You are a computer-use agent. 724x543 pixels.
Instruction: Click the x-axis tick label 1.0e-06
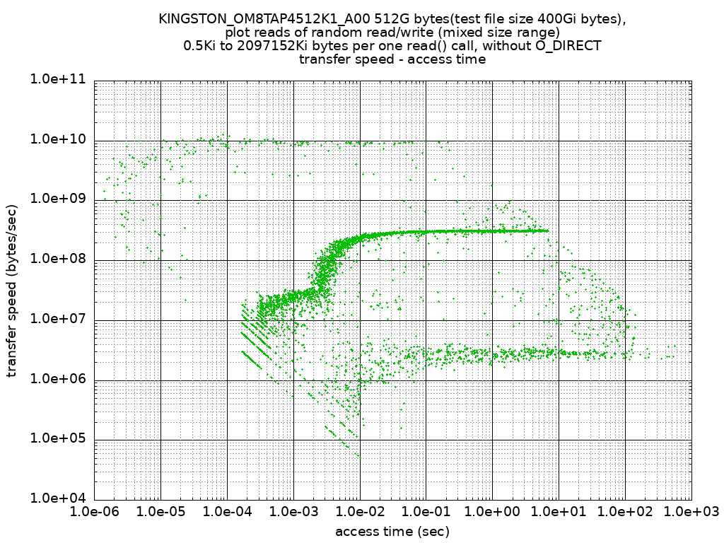pyautogui.click(x=95, y=510)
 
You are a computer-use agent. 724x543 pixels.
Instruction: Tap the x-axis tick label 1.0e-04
pyautogui.click(x=227, y=510)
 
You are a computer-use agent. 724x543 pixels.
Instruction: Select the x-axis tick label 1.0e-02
pyautogui.click(x=360, y=510)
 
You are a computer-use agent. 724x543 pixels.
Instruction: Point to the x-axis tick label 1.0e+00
pyautogui.click(x=493, y=510)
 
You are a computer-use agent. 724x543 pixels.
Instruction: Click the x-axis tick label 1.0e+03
pyautogui.click(x=691, y=510)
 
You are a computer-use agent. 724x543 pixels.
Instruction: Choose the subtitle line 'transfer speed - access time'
pyautogui.click(x=392, y=59)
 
